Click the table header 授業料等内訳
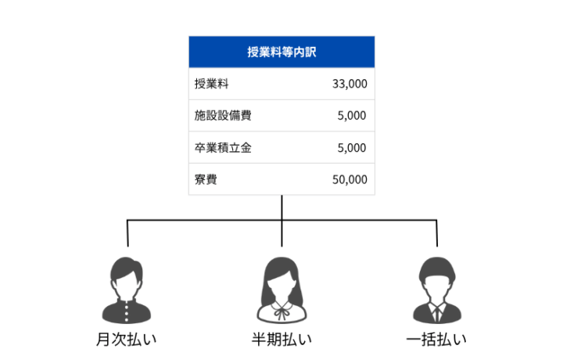click(281, 52)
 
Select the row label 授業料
click(211, 84)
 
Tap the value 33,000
click(350, 84)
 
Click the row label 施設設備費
click(223, 115)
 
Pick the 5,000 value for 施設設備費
click(352, 116)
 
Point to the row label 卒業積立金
click(223, 148)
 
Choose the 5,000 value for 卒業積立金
click(352, 148)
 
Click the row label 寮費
click(206, 179)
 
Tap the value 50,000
click(350, 180)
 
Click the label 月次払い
click(126, 339)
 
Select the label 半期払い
click(281, 339)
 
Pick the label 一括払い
click(436, 339)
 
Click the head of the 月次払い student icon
click(127, 277)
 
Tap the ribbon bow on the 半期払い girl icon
click(281, 310)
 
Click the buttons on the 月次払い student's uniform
click(127, 312)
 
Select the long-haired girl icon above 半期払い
click(281, 290)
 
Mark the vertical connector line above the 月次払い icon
click(127, 233)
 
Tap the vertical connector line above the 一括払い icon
click(437, 233)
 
